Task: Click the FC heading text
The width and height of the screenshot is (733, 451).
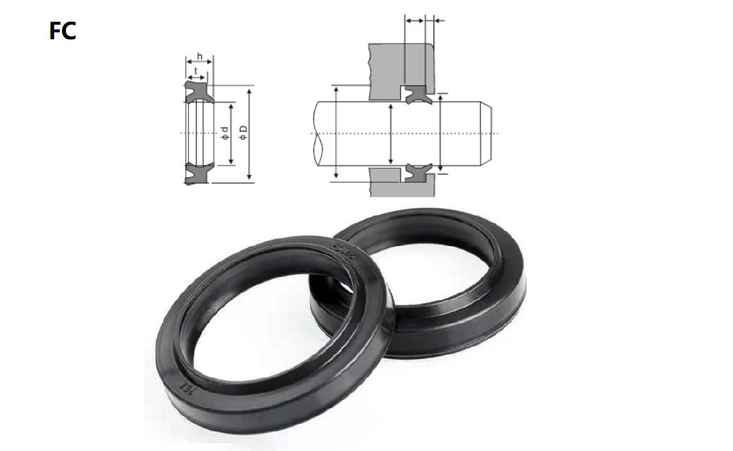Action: pos(62,32)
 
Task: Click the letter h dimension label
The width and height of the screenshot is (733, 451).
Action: pos(200,57)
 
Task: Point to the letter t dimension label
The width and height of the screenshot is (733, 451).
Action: pos(195,70)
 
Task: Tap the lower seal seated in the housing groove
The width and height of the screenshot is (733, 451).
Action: pos(417,172)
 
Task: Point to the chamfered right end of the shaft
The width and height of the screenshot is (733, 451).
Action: pos(486,133)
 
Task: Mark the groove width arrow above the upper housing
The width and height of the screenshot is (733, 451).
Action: pos(415,20)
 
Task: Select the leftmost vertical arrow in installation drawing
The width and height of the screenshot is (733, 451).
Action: pos(337,133)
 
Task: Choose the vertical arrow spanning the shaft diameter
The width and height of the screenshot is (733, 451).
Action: pos(389,133)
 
